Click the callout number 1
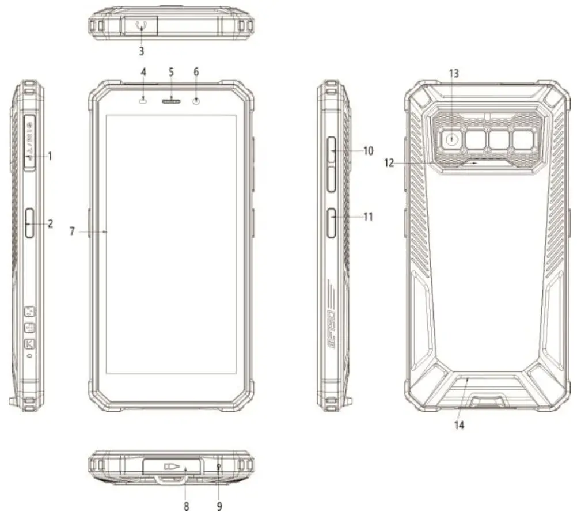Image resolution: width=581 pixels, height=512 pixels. [x=50, y=156]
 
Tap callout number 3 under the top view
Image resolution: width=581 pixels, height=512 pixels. [x=141, y=50]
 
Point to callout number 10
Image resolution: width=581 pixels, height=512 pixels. [x=368, y=150]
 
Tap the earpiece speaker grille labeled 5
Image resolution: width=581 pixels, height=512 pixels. [x=172, y=102]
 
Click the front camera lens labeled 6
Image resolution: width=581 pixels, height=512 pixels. [x=198, y=102]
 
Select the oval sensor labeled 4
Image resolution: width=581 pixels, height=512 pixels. [x=143, y=102]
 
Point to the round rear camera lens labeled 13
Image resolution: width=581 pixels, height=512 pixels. [x=453, y=139]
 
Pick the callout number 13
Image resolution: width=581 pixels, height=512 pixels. [x=454, y=73]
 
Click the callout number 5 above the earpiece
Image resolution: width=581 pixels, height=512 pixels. [x=171, y=72]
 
